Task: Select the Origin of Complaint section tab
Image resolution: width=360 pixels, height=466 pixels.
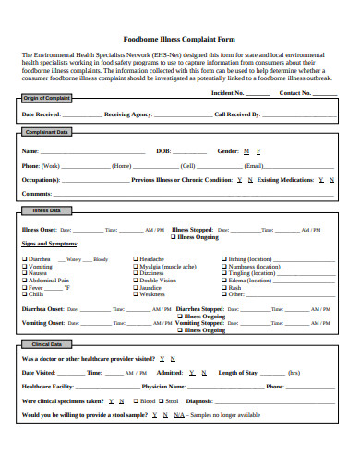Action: click(x=45, y=98)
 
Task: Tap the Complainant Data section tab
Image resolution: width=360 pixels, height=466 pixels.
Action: click(x=46, y=132)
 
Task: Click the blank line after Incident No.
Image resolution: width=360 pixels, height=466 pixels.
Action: click(x=258, y=93)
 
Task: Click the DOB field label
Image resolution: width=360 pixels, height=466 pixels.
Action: click(x=162, y=149)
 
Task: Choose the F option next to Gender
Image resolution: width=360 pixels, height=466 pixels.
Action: click(x=258, y=149)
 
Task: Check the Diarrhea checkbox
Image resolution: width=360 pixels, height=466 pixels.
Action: click(x=25, y=260)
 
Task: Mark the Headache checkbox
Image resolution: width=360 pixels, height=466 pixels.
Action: click(x=136, y=260)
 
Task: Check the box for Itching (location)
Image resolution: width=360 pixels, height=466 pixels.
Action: click(x=224, y=260)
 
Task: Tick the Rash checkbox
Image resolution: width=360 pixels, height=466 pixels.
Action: click(x=224, y=288)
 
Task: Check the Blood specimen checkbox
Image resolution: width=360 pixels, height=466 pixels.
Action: click(x=137, y=401)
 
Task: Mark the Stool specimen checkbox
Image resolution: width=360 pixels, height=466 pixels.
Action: click(x=162, y=401)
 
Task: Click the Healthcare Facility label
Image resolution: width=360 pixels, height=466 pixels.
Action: click(x=47, y=387)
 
